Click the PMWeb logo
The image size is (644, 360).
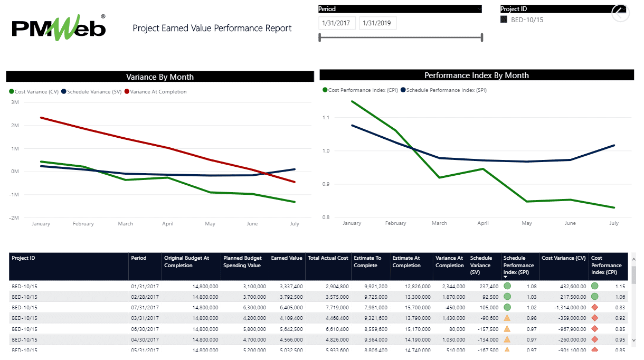click(59, 27)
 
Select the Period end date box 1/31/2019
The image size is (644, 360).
click(377, 23)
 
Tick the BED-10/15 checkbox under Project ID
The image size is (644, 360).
click(504, 20)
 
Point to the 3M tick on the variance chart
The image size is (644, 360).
click(15, 102)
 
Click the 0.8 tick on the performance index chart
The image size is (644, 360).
click(326, 217)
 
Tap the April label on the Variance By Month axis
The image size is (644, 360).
click(168, 224)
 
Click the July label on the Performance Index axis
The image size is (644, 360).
click(614, 223)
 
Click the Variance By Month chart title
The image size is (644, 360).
click(160, 77)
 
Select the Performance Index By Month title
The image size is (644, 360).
click(476, 75)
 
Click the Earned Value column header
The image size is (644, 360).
click(287, 258)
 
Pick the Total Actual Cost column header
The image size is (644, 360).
click(328, 258)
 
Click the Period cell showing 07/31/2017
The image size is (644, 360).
click(145, 307)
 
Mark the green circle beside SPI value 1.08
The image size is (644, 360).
click(507, 286)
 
